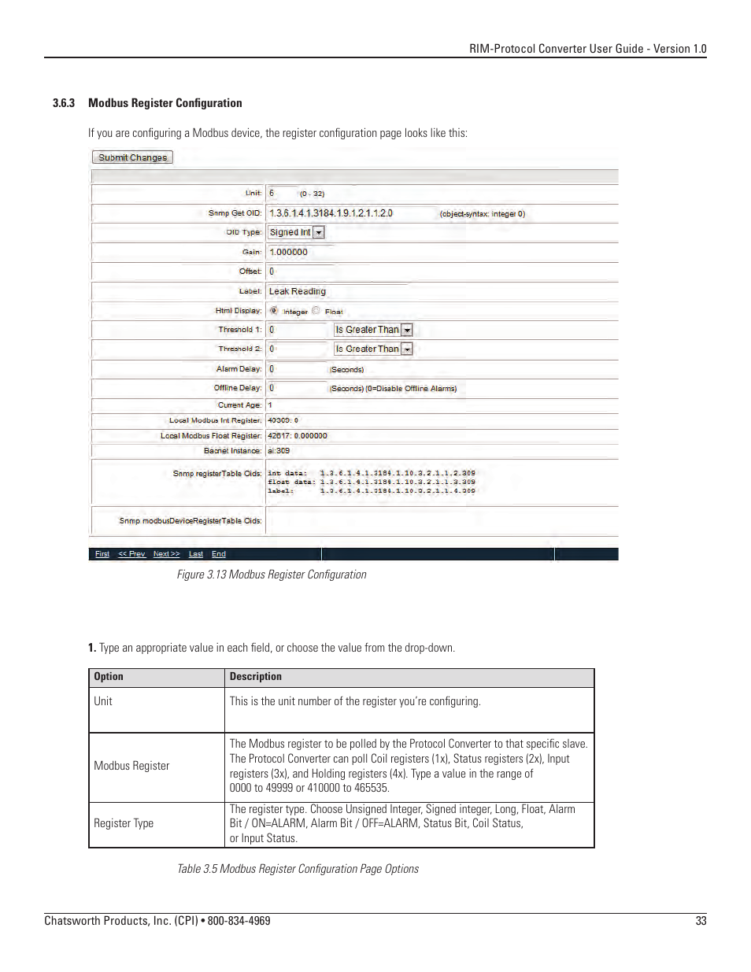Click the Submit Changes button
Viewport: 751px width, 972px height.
[x=132, y=157]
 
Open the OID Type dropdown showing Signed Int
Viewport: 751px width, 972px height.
[x=297, y=232]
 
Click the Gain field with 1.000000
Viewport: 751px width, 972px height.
[x=299, y=252]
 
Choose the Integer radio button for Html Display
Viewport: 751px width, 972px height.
[x=274, y=311]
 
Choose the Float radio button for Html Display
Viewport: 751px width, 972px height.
[x=316, y=311]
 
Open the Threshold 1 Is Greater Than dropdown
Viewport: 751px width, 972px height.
[x=373, y=330]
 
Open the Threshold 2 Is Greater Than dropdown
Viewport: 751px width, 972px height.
[x=373, y=349]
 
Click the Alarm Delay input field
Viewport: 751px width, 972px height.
[x=296, y=368]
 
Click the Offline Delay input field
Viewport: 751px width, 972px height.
[x=296, y=388]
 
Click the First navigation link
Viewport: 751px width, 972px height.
[x=102, y=554]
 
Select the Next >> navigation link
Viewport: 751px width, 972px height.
[x=166, y=554]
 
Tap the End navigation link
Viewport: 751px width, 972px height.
[x=219, y=554]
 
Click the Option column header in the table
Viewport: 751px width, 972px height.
[x=109, y=677]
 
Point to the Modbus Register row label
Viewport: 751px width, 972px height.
[x=131, y=766]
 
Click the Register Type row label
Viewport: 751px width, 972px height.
[x=124, y=823]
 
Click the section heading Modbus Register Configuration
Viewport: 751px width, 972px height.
[x=165, y=103]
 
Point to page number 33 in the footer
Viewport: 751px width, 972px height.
[x=701, y=921]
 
